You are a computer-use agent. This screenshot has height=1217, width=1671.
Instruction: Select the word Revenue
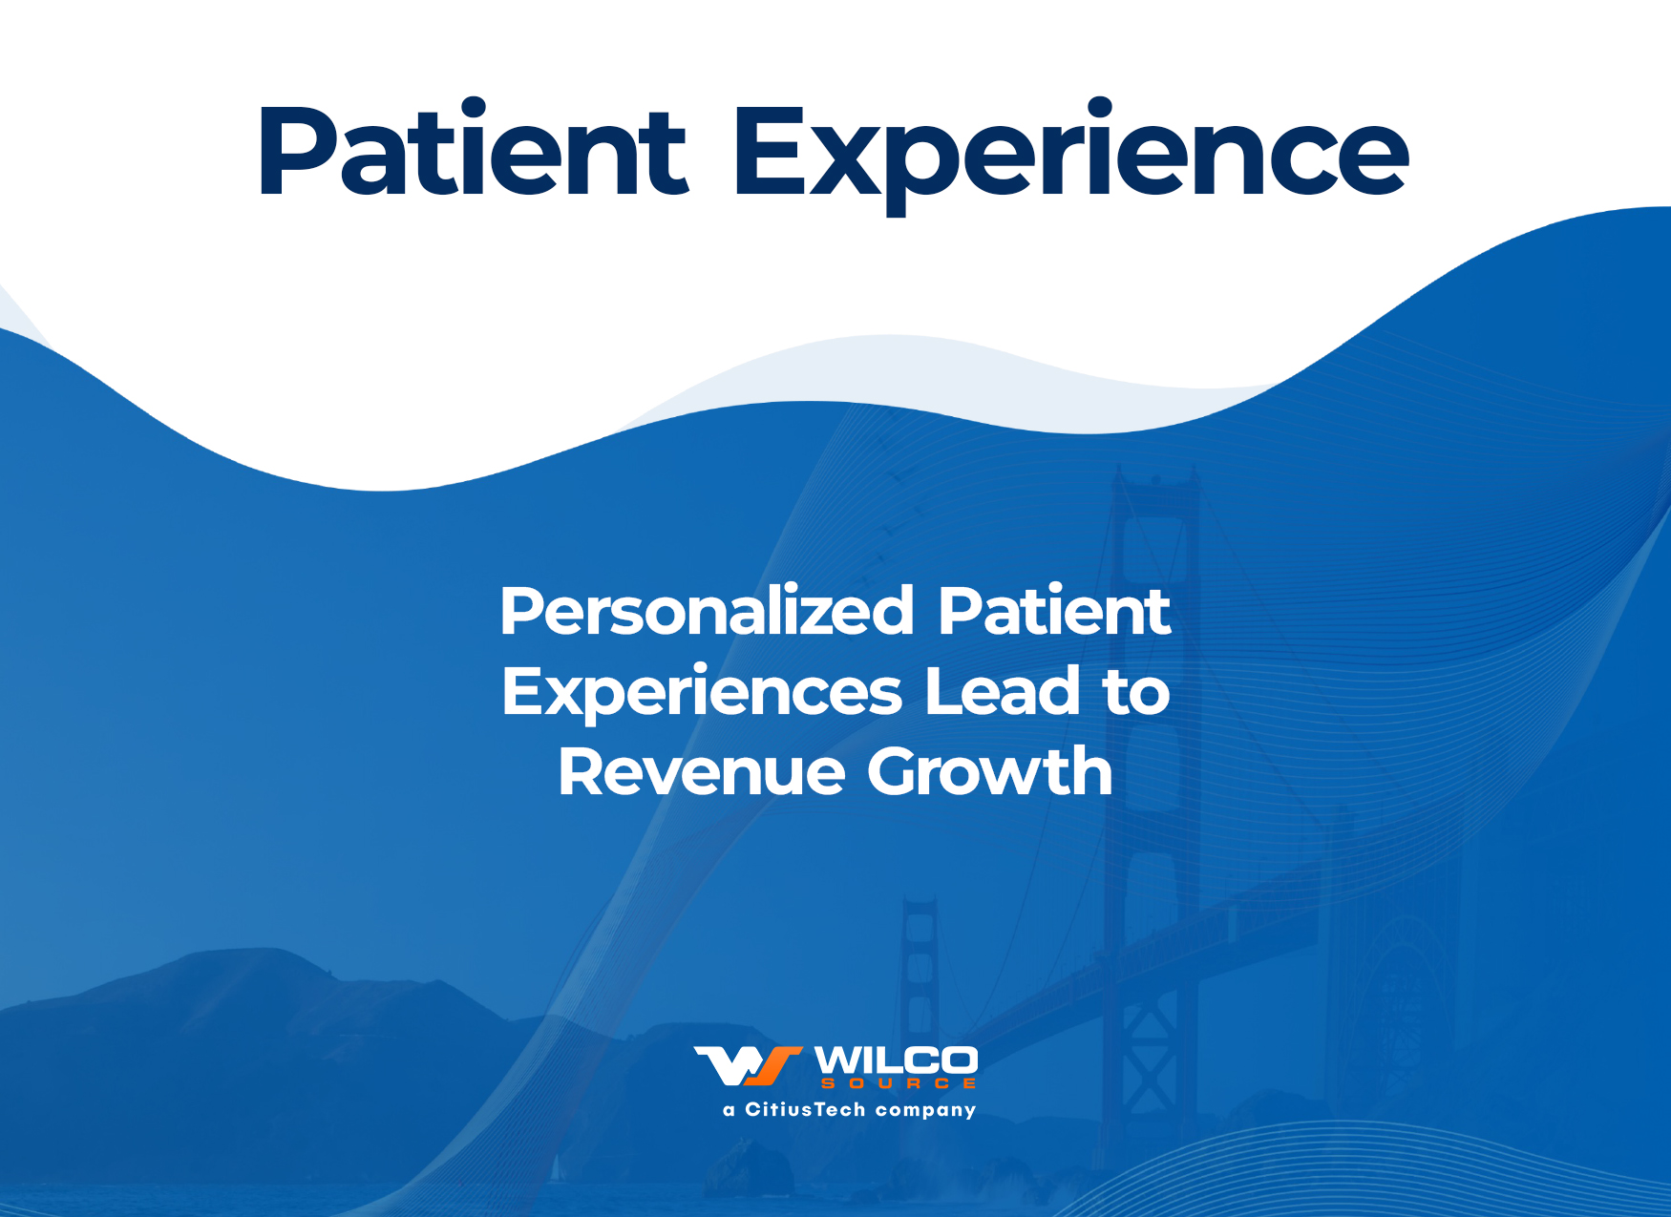[702, 771]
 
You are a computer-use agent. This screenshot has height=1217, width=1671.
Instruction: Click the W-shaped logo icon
[748, 1066]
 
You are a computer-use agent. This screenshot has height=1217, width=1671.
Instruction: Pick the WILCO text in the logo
[896, 1060]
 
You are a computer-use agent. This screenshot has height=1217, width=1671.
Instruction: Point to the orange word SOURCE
[899, 1083]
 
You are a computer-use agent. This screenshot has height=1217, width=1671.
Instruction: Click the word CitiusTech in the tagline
[805, 1109]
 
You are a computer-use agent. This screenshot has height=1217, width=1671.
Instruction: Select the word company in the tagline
[925, 1111]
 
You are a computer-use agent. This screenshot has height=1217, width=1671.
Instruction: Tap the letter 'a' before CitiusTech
[730, 1111]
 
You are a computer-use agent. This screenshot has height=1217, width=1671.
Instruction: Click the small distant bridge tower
[920, 964]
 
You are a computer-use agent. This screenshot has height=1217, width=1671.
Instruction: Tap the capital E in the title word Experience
[770, 151]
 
